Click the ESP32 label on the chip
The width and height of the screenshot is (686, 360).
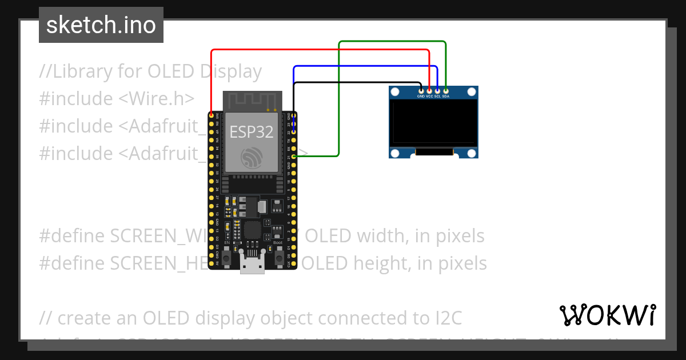(252, 132)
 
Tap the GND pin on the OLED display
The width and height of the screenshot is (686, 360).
(421, 90)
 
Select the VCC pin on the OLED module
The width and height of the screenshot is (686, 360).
(429, 90)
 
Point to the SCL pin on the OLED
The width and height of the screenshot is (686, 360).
(437, 90)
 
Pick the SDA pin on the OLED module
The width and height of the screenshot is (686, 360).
(446, 90)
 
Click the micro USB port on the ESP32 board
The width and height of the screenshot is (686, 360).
(252, 266)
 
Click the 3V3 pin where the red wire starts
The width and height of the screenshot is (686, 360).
(212, 115)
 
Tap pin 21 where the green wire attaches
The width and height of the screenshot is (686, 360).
(293, 156)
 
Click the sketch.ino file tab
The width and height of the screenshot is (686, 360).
(101, 25)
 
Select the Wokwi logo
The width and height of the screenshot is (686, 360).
(607, 315)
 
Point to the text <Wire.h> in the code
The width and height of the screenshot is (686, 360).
(157, 99)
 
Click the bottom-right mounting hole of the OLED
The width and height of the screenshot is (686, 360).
(471, 153)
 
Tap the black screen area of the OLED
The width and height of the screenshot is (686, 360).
(433, 121)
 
